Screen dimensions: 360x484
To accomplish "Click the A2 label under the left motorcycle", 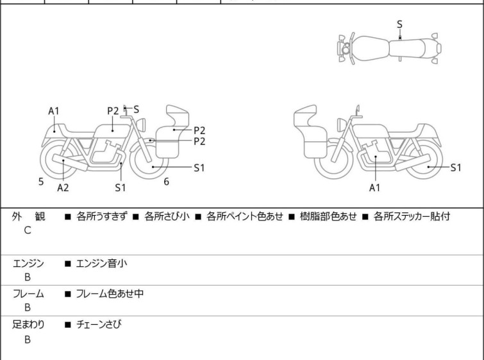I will point(63,187).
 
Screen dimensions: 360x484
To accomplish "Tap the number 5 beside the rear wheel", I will point(41,182).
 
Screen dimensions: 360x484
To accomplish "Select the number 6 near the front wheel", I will point(166,182).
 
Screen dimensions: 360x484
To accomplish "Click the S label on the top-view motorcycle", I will point(400,24).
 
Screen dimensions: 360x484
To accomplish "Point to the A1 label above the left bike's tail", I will point(54,111).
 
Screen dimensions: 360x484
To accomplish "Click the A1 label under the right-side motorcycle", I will point(376,187).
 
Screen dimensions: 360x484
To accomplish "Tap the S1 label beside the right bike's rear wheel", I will point(455,167).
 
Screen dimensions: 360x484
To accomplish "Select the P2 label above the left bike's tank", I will point(113,110).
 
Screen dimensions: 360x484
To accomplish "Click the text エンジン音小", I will point(104,263).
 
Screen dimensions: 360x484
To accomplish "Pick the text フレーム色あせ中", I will point(110,294).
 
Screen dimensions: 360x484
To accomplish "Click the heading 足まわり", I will point(29,325).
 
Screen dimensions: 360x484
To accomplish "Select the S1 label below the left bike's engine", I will point(121,187).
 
